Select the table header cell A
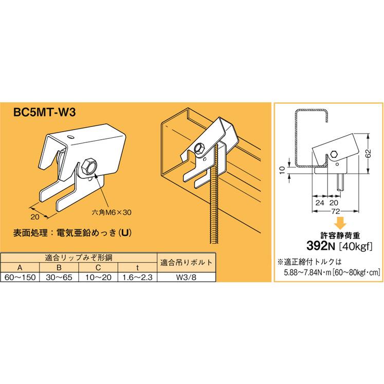[21, 267]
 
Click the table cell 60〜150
[21, 277]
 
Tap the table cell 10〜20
[100, 277]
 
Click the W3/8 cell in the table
[186, 277]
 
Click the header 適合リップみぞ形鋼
[78, 258]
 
